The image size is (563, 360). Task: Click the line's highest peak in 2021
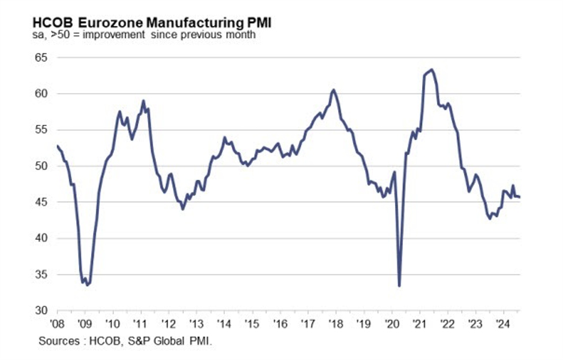(x=432, y=70)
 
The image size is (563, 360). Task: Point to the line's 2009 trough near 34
(x=87, y=284)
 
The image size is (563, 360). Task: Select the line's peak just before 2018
(x=333, y=90)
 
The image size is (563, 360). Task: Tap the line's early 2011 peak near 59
(x=143, y=101)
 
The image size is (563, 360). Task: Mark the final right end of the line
(x=520, y=197)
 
